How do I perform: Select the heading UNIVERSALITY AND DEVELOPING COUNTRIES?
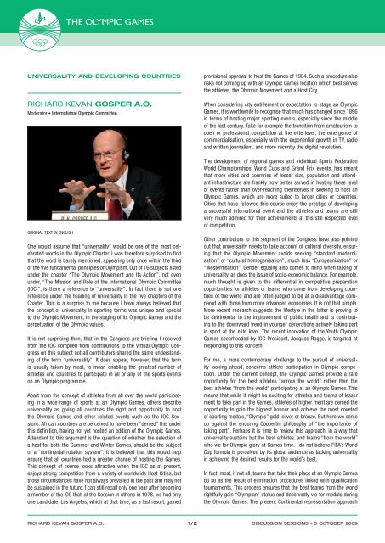click(94, 76)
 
